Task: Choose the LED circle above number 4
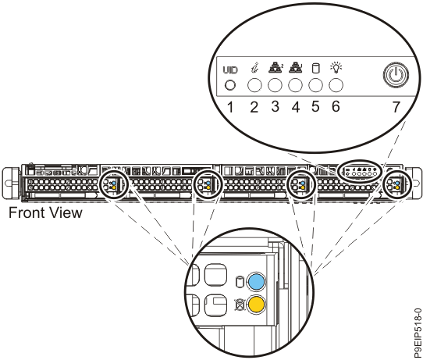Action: click(296, 85)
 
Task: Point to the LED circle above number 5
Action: click(316, 85)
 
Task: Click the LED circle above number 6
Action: click(336, 85)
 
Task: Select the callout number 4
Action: click(296, 106)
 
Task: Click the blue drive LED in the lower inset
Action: click(255, 282)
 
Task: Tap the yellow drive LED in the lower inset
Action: click(255, 304)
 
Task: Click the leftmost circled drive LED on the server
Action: click(113, 184)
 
